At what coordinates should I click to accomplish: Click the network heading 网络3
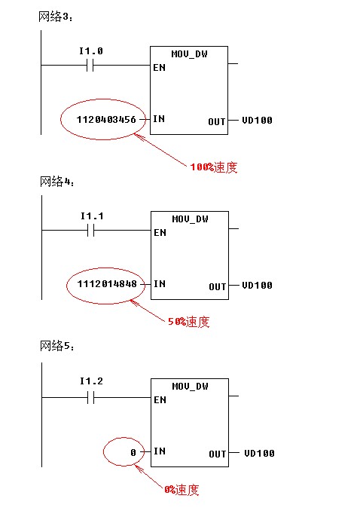pos(55,17)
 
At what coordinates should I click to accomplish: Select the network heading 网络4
pos(57,182)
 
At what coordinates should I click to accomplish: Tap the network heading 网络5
pos(57,346)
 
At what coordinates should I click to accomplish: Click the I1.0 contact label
pos(91,51)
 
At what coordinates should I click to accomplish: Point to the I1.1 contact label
pos(92,216)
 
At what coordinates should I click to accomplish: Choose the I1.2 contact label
pos(91,381)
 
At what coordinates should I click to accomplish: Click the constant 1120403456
pos(106,119)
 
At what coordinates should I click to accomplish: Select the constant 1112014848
pos(107,284)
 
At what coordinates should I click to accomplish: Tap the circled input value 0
pos(133,453)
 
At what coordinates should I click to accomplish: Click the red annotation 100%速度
pos(214,167)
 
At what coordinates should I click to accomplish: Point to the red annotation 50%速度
pos(189,322)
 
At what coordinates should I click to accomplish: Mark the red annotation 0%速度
pos(182,490)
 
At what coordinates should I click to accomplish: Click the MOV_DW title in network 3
pos(189,54)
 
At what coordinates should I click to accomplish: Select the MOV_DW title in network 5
pos(190,387)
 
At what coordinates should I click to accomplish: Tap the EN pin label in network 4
pos(160,232)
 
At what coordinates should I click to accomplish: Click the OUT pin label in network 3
pos(217,122)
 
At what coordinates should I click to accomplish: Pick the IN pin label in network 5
pos(160,451)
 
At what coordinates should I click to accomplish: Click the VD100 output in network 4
pos(257,286)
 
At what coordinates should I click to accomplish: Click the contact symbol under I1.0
pos(90,66)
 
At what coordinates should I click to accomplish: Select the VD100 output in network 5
pos(259,453)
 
